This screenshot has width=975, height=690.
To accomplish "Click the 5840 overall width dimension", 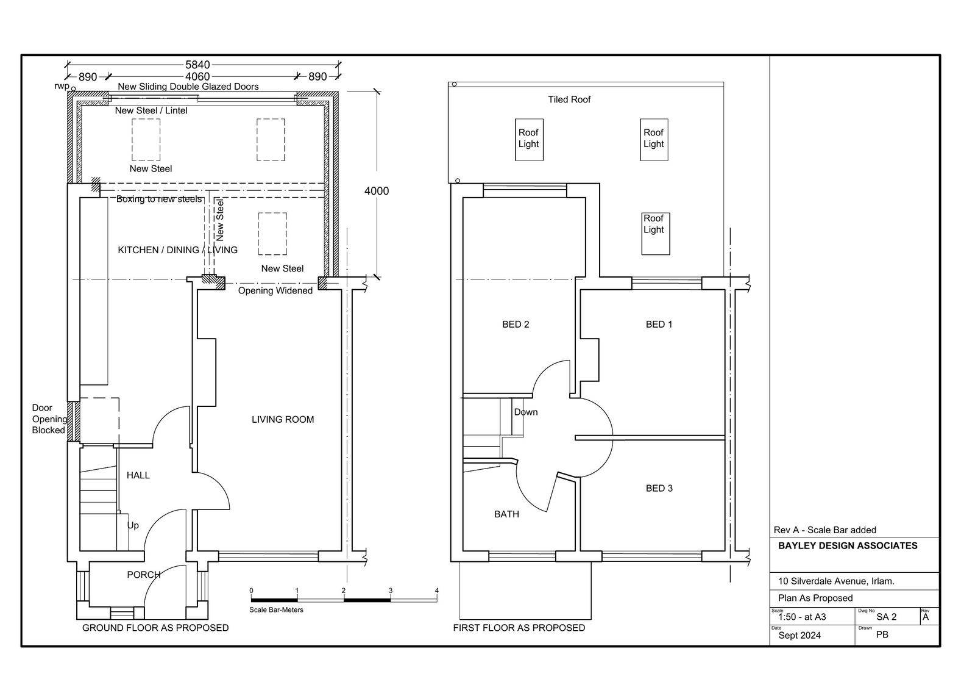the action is [x=197, y=65].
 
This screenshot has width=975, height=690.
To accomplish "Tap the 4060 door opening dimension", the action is [x=197, y=77].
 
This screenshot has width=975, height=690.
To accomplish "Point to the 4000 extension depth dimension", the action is [x=377, y=191].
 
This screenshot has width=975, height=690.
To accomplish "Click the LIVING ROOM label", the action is [x=283, y=419].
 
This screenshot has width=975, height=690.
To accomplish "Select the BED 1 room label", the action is [x=659, y=325].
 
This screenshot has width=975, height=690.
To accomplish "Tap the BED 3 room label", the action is [x=659, y=488].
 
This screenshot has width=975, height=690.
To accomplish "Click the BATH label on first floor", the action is [x=506, y=514].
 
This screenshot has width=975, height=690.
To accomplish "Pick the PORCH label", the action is [x=144, y=575].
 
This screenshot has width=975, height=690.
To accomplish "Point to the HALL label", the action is [x=138, y=475].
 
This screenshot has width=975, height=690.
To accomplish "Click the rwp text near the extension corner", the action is [x=62, y=86].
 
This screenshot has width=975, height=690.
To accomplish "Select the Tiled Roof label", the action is [x=569, y=99].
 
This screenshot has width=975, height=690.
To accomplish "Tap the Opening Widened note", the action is [x=275, y=291].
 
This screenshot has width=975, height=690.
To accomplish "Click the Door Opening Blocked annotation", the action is [x=49, y=419].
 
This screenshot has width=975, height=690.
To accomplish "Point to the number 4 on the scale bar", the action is [x=436, y=591].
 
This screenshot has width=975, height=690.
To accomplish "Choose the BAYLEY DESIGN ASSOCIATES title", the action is [x=848, y=546].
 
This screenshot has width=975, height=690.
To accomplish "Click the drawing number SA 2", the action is [x=886, y=617].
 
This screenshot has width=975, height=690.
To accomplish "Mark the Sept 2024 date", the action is [x=799, y=636].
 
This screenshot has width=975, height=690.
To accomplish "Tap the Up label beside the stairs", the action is [x=133, y=526].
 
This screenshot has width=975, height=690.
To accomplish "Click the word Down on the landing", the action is [x=526, y=412].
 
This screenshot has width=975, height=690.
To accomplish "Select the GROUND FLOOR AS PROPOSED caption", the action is [x=155, y=628].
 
